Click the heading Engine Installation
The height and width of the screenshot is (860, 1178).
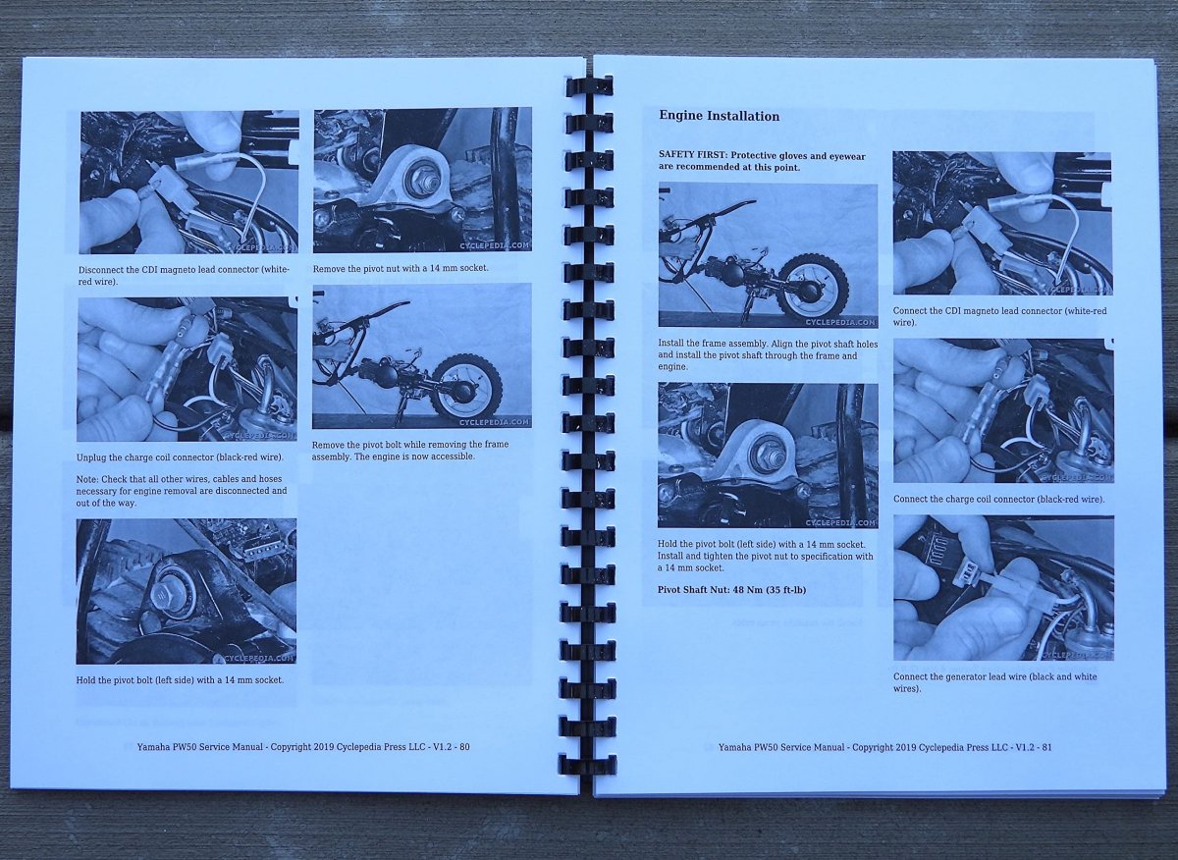click(x=719, y=116)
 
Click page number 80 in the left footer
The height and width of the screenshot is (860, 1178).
click(x=464, y=746)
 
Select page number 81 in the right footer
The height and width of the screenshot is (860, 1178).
click(x=1046, y=747)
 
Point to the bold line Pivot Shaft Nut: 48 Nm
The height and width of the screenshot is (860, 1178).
click(x=731, y=590)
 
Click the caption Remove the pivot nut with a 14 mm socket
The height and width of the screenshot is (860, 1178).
click(x=401, y=268)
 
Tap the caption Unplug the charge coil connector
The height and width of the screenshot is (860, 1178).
click(x=180, y=457)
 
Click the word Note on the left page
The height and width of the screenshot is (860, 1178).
click(x=86, y=479)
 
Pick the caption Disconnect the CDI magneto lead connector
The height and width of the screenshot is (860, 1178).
click(x=184, y=276)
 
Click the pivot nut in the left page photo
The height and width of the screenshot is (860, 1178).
click(x=423, y=181)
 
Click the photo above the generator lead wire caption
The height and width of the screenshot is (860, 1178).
click(x=1003, y=588)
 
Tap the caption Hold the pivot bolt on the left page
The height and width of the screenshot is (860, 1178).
click(x=180, y=680)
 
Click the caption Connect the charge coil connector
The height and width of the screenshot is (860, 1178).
click(x=998, y=499)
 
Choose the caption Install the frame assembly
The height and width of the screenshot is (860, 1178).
click(x=761, y=355)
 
